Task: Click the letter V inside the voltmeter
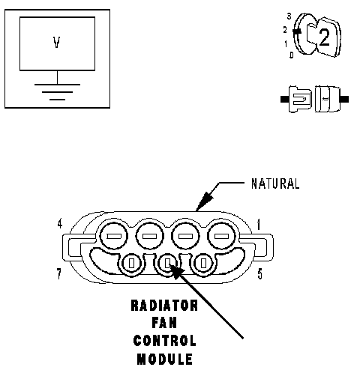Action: [57, 43]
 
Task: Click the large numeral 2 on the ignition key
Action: [324, 37]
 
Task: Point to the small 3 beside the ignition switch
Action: [289, 16]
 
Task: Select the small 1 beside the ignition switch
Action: [286, 44]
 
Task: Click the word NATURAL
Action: [275, 184]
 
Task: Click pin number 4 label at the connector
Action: [59, 224]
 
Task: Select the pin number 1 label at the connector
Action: [259, 224]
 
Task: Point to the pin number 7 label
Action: [59, 274]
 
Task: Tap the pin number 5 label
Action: [260, 274]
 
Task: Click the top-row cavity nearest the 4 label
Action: [114, 236]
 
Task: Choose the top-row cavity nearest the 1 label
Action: [222, 236]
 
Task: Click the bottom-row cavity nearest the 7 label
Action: [131, 263]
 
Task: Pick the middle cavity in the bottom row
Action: [167, 263]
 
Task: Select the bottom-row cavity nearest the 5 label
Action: [203, 263]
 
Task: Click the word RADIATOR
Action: [164, 306]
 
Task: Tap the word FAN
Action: [164, 323]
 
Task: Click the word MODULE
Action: [165, 359]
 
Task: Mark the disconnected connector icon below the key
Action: [314, 99]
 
